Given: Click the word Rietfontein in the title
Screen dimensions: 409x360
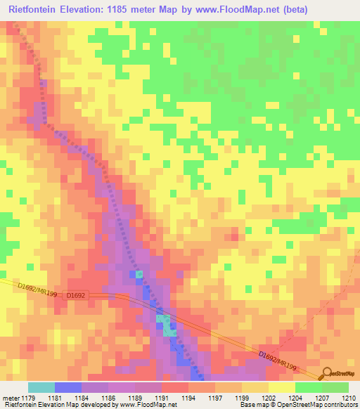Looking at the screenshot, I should (36, 10).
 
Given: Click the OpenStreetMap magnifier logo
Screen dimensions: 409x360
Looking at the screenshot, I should (326, 373).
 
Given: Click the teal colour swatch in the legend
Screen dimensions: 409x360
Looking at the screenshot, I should (41, 387).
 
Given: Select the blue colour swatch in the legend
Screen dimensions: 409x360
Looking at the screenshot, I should (68, 387).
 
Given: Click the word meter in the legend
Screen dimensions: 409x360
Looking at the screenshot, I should (10, 397).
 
